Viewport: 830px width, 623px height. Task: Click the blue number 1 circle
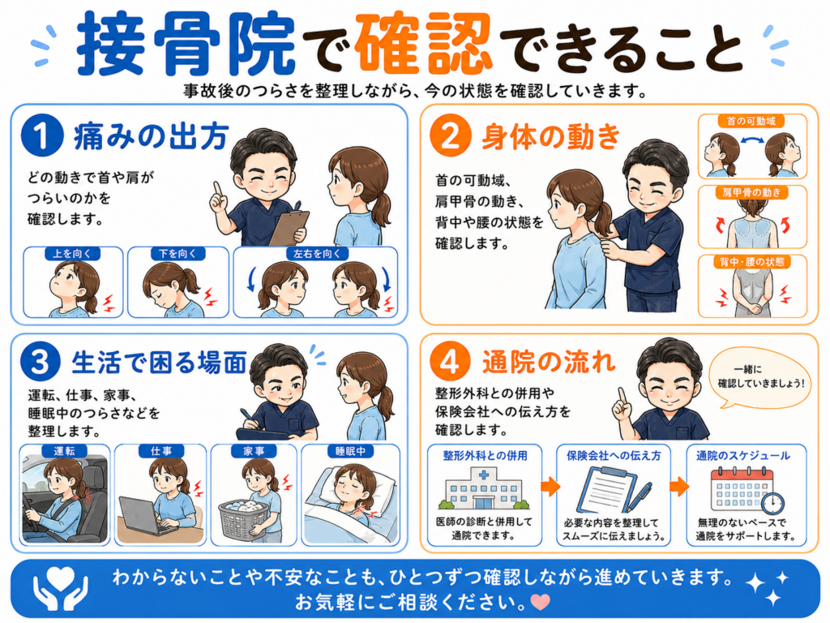coord(42,136)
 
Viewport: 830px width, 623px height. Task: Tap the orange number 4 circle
coord(450,363)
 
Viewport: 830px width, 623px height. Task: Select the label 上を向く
coord(72,254)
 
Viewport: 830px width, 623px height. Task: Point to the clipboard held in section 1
coord(289,227)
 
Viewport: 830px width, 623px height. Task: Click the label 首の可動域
coord(751,122)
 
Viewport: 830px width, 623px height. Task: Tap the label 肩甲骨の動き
coord(751,192)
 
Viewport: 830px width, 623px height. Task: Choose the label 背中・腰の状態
coord(751,262)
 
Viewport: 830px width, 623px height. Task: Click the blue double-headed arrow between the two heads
coord(751,140)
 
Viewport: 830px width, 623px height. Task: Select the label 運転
coord(65,451)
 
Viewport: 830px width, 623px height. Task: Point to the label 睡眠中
coord(350,451)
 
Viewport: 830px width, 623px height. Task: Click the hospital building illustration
coord(484,488)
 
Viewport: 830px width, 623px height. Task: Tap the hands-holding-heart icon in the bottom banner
coord(60,588)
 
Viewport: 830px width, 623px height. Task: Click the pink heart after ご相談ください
coord(541,602)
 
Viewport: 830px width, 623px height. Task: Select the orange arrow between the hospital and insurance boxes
coord(550,487)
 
